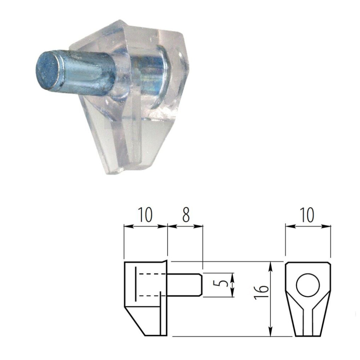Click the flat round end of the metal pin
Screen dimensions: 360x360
49,71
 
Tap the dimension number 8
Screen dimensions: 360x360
186,215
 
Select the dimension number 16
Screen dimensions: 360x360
261,292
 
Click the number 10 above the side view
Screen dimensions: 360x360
145,215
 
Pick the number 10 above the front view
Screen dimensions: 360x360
307,215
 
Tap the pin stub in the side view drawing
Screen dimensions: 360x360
185,285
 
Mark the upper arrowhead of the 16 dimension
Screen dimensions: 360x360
271,266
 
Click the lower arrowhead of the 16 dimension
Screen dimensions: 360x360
271,331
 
